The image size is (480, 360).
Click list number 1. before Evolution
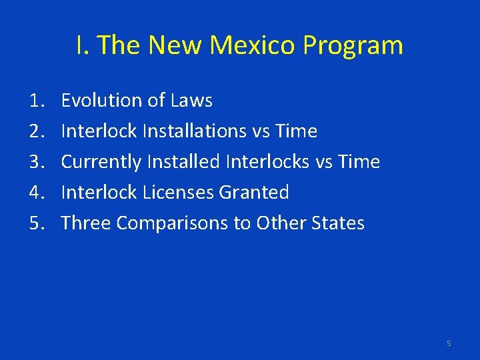click(x=37, y=101)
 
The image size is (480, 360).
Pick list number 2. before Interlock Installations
click(x=37, y=131)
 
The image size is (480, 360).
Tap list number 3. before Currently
click(x=37, y=162)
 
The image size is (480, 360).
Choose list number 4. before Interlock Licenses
click(x=37, y=193)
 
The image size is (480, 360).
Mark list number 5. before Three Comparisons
click(x=37, y=223)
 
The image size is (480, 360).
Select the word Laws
click(x=191, y=101)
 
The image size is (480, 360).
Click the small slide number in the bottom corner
click(x=449, y=343)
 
